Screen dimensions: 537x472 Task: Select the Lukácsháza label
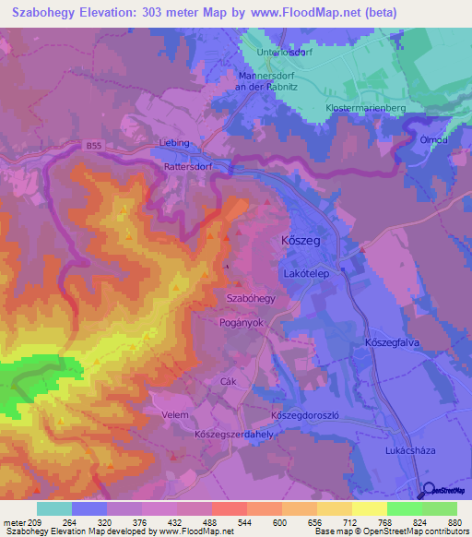(x=410, y=449)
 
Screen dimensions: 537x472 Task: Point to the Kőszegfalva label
(x=392, y=340)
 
